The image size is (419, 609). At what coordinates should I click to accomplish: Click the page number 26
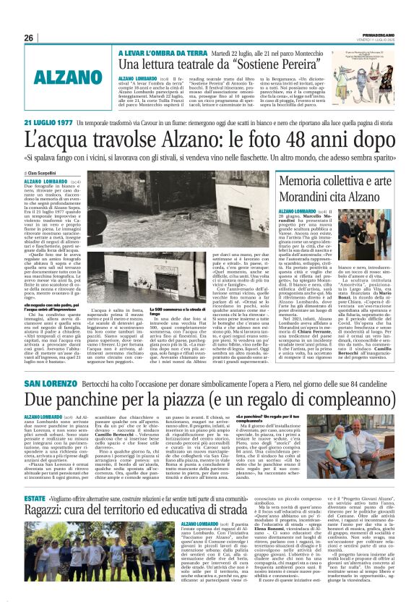[29, 38]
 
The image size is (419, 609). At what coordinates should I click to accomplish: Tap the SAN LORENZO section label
[69, 382]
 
